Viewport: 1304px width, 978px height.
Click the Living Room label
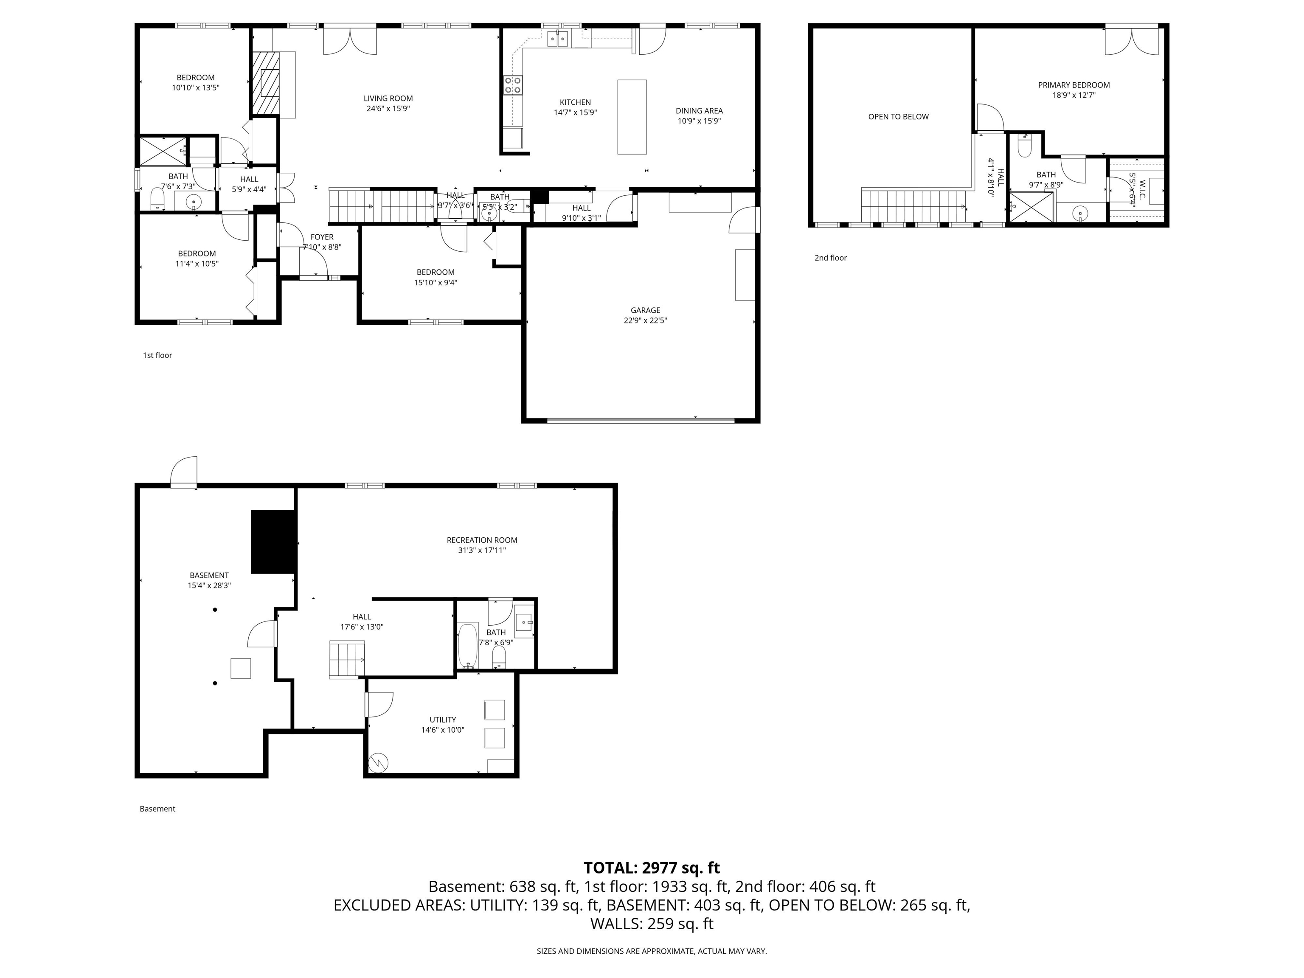[x=388, y=98]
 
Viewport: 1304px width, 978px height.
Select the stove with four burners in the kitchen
[x=512, y=85]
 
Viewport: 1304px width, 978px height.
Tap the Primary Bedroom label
[x=1074, y=85]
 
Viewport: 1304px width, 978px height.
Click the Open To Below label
[x=898, y=117]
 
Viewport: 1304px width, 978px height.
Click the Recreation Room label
[x=482, y=540]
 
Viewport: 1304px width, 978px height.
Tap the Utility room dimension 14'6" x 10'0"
[x=442, y=730]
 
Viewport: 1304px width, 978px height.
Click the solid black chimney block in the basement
[x=273, y=542]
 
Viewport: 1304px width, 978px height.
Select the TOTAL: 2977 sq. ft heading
[x=652, y=868]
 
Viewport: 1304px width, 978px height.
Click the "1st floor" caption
[x=157, y=355]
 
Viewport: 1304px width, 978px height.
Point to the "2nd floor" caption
[x=830, y=258]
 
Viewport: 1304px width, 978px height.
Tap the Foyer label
[x=322, y=237]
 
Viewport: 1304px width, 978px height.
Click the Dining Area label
[x=699, y=111]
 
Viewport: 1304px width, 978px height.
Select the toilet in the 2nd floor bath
[x=1024, y=147]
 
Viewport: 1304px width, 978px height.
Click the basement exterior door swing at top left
[x=184, y=472]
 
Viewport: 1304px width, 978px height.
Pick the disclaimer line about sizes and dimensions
[x=652, y=951]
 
